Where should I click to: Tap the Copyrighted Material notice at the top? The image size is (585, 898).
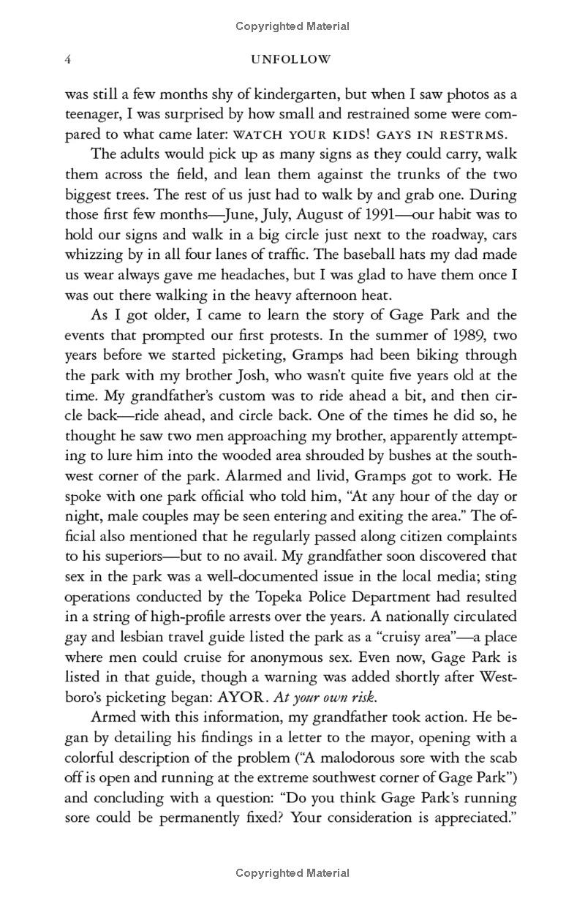tap(292, 26)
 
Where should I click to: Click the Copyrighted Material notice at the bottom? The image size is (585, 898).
tap(292, 872)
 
